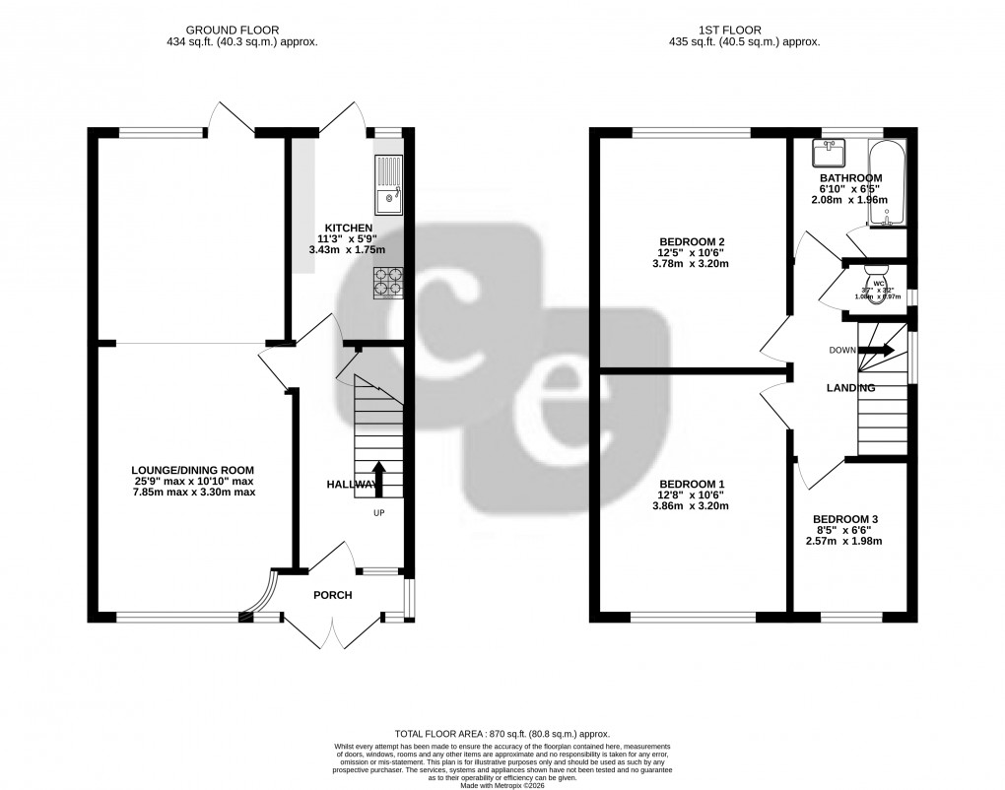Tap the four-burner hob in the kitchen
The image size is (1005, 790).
(x=387, y=282)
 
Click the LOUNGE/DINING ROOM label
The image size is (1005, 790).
(x=194, y=469)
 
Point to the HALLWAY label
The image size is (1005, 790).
(x=352, y=485)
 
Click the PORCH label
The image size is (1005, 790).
(x=333, y=595)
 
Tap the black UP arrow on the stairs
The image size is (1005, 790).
(x=378, y=479)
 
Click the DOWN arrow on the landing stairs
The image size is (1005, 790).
(x=875, y=350)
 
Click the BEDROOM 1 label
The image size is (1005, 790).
(x=691, y=483)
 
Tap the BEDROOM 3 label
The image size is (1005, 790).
(x=845, y=519)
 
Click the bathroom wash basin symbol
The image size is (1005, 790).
(x=828, y=153)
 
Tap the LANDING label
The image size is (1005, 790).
(x=850, y=388)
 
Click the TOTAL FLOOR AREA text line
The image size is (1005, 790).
(x=502, y=734)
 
